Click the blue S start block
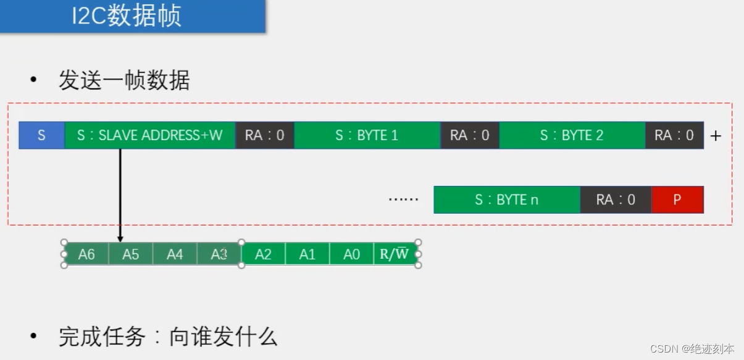pos(41,135)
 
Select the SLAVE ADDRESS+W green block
pos(149,135)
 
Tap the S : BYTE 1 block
pos(367,135)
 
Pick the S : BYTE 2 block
pos(572,135)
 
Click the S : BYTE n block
pos(506,199)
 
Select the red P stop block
pos(677,199)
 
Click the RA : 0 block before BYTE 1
pos(264,135)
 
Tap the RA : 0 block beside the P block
pos(616,199)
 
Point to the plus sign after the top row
pos(716,136)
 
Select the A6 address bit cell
pos(86,254)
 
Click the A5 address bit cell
pos(130,254)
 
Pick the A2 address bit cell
pos(263,254)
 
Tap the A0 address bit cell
pos(351,254)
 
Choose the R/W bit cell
pos(395,254)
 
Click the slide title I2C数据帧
pos(127,16)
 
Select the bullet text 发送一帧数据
pos(123,81)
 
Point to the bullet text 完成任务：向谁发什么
pos(167,337)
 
